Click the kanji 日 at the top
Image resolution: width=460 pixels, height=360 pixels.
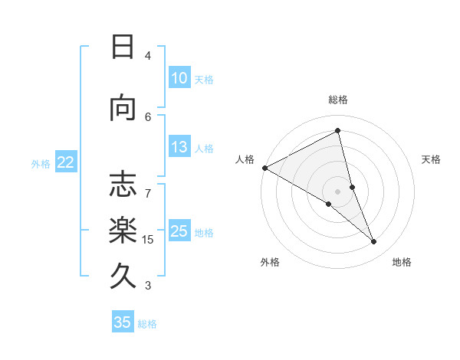pyautogui.click(x=123, y=47)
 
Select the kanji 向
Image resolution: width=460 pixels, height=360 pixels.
pyautogui.click(x=123, y=108)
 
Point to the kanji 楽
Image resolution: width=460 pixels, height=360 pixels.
pyautogui.click(x=123, y=230)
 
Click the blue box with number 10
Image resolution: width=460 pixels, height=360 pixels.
pyautogui.click(x=179, y=78)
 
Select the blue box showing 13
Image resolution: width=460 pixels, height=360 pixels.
pyautogui.click(x=179, y=148)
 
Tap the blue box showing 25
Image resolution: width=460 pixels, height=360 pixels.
pyautogui.click(x=179, y=232)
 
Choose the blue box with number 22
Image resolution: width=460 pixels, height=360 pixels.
pyautogui.click(x=66, y=162)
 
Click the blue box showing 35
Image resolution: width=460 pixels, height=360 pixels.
pyautogui.click(x=123, y=322)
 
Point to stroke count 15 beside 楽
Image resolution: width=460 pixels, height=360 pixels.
pyautogui.click(x=148, y=240)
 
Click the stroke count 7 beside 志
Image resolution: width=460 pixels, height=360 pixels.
pyautogui.click(x=148, y=185)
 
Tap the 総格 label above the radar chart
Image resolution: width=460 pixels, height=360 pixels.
pyautogui.click(x=338, y=100)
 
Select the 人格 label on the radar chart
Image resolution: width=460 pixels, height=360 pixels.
pyautogui.click(x=245, y=159)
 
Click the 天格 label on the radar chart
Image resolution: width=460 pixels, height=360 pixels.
pyautogui.click(x=432, y=159)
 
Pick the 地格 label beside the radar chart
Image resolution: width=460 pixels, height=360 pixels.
pyautogui.click(x=402, y=262)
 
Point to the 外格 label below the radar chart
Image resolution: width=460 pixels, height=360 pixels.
pyautogui.click(x=270, y=262)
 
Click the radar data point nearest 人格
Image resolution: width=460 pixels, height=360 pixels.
pyautogui.click(x=264, y=167)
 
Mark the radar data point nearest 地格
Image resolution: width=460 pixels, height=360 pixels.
pyautogui.click(x=374, y=242)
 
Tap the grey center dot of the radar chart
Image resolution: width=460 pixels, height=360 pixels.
pyautogui.click(x=337, y=191)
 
